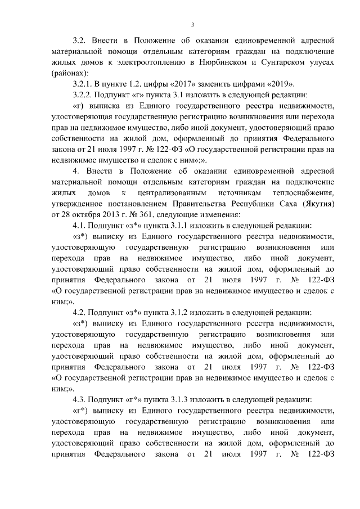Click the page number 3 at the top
click(x=192, y=24)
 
